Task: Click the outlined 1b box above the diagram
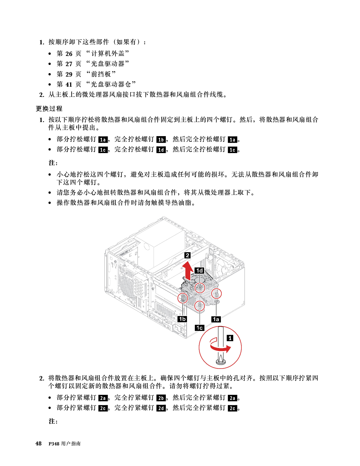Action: click(161, 140)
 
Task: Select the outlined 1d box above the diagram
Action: click(161, 150)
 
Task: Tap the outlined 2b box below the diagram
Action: click(161, 398)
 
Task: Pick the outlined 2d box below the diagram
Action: click(161, 408)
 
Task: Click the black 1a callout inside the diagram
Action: click(216, 319)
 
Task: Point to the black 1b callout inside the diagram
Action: click(182, 319)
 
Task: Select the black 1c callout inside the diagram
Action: click(200, 328)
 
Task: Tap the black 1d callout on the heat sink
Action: click(200, 271)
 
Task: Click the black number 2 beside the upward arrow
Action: click(187, 255)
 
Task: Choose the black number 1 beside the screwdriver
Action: click(230, 338)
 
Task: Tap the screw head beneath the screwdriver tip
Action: click(221, 363)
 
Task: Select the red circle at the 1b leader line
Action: click(183, 298)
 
